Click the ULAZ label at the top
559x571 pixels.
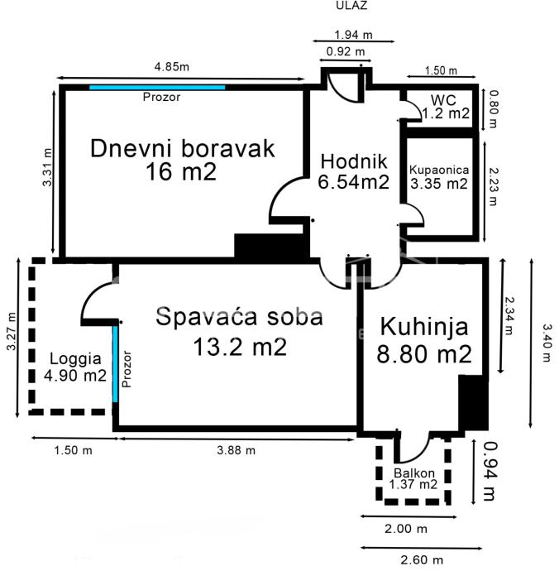351,5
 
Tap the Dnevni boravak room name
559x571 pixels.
182,149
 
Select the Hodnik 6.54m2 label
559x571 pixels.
353,171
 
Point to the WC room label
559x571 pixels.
443,100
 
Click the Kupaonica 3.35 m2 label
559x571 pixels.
439,177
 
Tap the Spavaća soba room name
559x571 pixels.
240,316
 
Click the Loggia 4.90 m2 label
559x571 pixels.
75,367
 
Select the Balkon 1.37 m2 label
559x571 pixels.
413,478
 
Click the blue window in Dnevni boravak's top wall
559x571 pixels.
157,88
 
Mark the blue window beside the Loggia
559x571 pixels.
115,363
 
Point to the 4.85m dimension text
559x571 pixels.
172,67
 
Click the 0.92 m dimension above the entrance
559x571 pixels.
346,51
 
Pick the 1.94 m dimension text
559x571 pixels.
353,35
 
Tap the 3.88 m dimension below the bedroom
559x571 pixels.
236,450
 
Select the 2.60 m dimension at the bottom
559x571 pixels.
422,559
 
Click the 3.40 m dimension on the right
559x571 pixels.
547,343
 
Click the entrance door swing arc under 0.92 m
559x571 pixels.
343,91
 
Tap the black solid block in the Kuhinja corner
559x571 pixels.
473,403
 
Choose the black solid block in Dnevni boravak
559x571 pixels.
271,246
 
